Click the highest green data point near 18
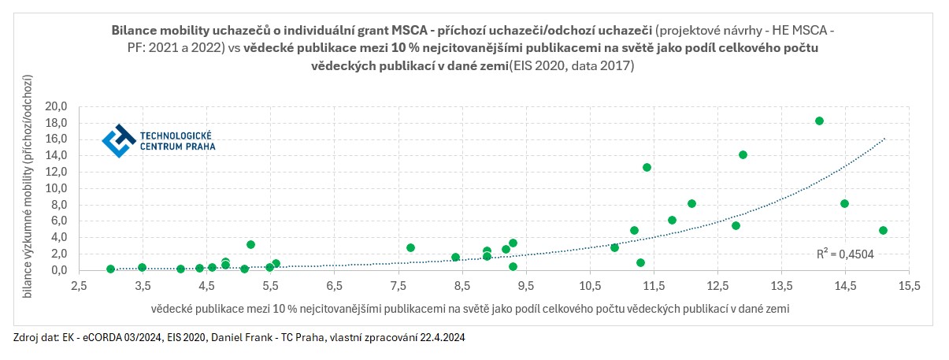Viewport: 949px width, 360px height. tap(819, 121)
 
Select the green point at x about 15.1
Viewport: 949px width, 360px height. tap(883, 231)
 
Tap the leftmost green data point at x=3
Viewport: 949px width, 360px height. tap(110, 269)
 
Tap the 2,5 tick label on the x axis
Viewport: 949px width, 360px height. tap(78, 284)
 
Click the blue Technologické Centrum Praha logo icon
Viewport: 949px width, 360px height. tap(119, 140)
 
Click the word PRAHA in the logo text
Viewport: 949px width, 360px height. tap(198, 147)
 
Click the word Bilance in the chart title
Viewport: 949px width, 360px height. tap(136, 30)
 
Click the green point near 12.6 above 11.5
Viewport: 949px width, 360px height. tap(647, 167)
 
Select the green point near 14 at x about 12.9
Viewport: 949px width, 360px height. tap(743, 154)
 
